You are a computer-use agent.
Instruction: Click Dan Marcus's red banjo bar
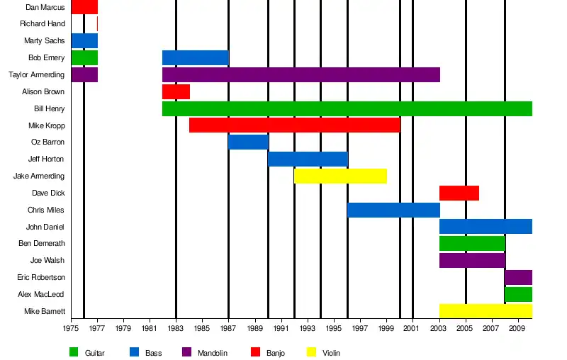pyautogui.click(x=84, y=7)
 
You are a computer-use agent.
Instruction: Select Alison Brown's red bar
pyautogui.click(x=176, y=91)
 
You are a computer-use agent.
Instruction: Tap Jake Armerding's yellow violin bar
pyautogui.click(x=340, y=176)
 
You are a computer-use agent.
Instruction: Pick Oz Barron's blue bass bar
pyautogui.click(x=248, y=142)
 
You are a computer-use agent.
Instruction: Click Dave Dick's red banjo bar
pyautogui.click(x=459, y=193)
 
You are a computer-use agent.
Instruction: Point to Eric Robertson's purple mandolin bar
pyautogui.click(x=518, y=277)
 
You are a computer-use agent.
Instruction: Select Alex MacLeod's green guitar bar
pyautogui.click(x=518, y=294)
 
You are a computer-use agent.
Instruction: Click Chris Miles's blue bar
pyautogui.click(x=393, y=210)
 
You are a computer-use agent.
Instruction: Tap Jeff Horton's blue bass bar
pyautogui.click(x=308, y=159)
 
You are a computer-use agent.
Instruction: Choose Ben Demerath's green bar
pyautogui.click(x=472, y=243)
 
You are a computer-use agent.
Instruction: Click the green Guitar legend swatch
pyautogui.click(x=74, y=352)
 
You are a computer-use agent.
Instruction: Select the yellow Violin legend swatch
pyautogui.click(x=311, y=352)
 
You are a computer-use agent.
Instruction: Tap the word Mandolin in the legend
pyautogui.click(x=213, y=353)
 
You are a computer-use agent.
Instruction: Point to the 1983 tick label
pyautogui.click(x=176, y=329)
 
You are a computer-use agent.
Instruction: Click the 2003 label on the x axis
pyautogui.click(x=439, y=329)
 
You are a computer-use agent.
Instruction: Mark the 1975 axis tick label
pyautogui.click(x=71, y=329)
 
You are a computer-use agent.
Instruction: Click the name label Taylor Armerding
pyautogui.click(x=36, y=74)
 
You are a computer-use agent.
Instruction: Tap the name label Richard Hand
pyautogui.click(x=43, y=24)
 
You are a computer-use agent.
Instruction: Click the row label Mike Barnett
pyautogui.click(x=45, y=311)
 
